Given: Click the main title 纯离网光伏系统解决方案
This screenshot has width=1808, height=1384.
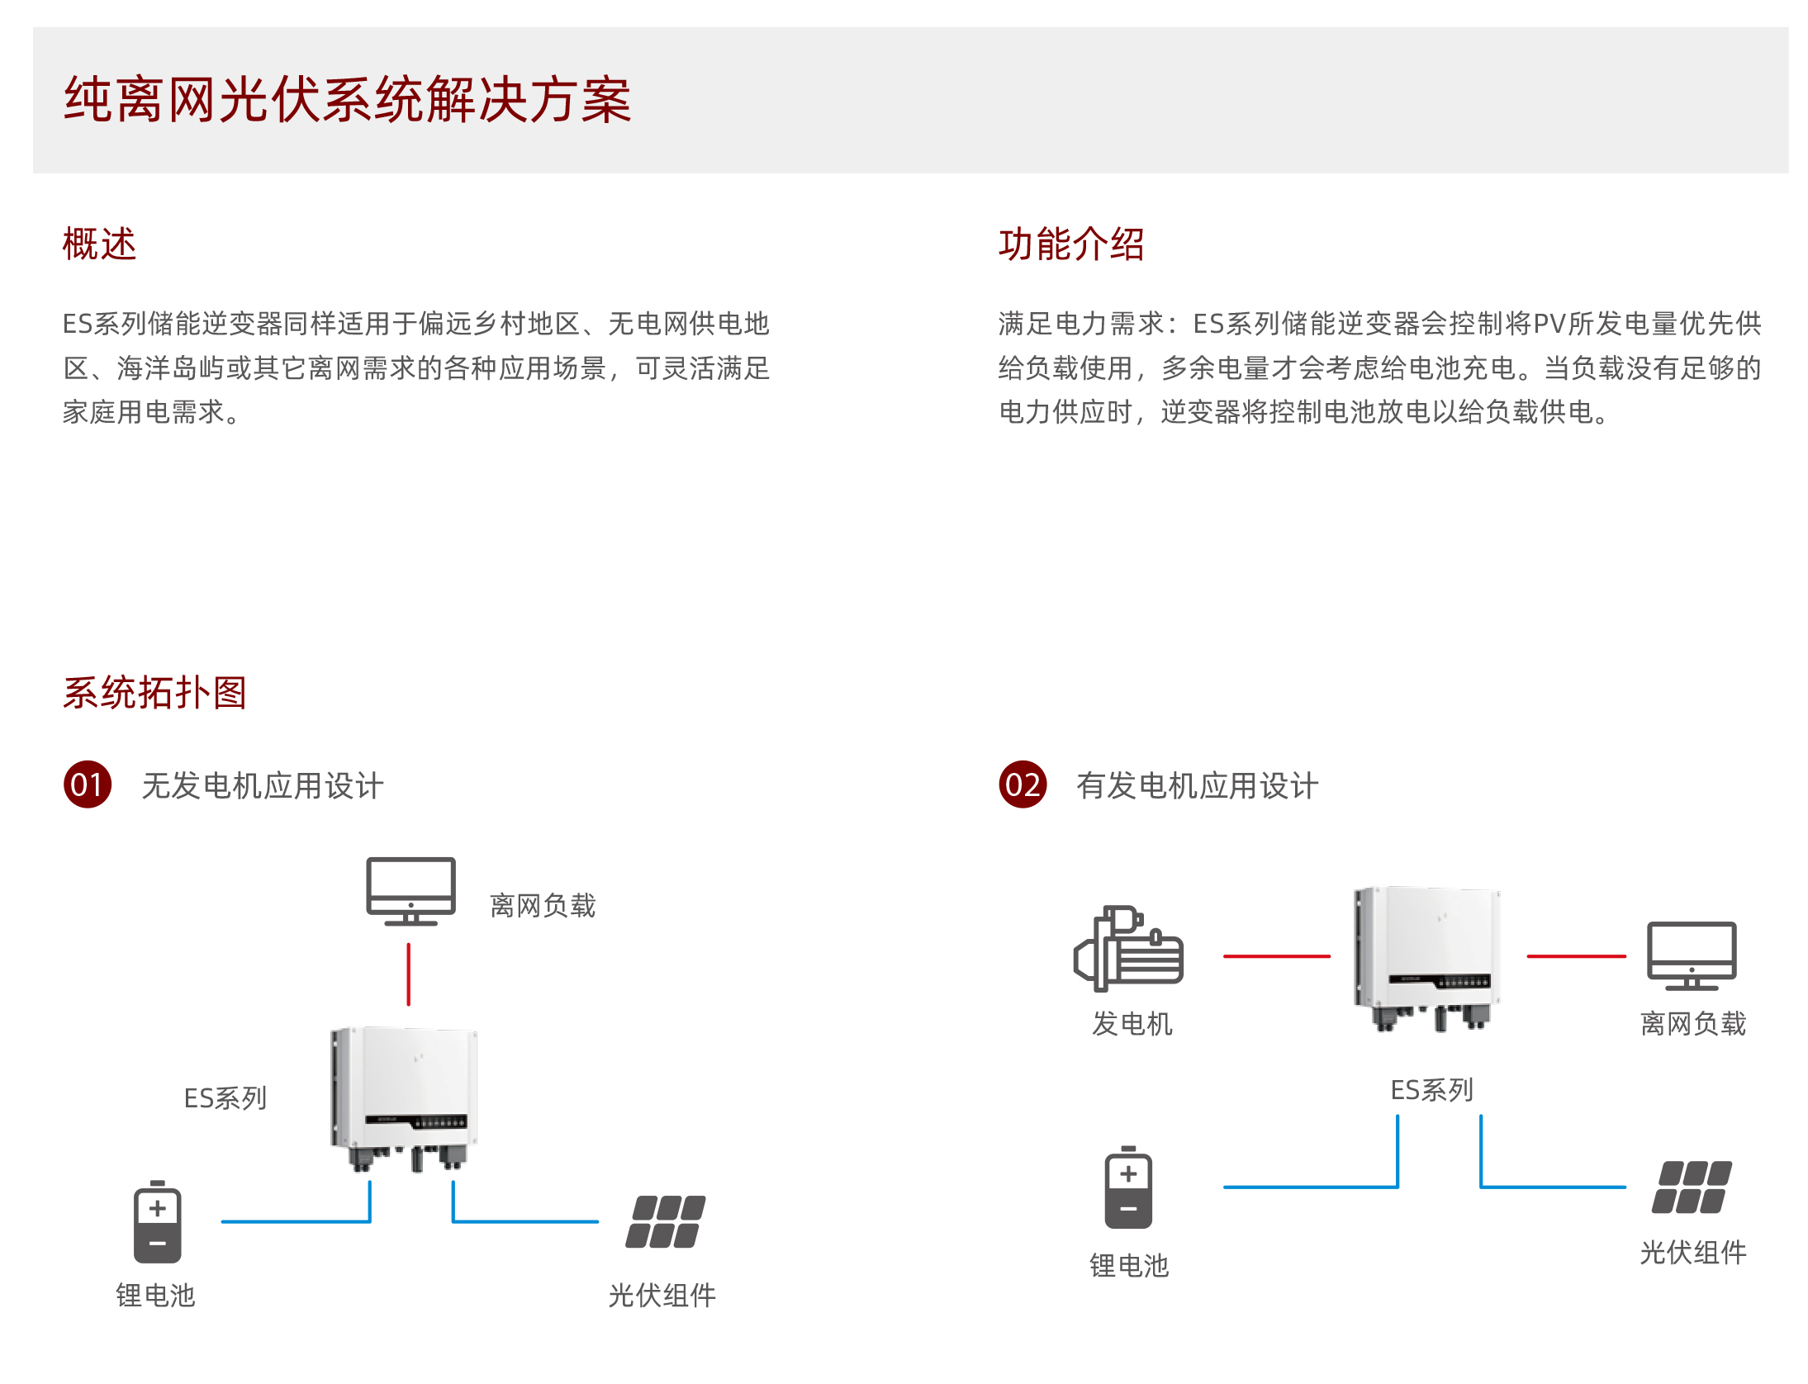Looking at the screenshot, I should click(x=347, y=100).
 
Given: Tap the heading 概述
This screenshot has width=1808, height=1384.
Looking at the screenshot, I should click(x=99, y=244).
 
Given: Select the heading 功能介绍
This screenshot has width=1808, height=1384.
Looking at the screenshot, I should click(x=1070, y=244).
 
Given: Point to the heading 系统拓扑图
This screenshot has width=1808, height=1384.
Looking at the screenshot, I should click(x=154, y=692).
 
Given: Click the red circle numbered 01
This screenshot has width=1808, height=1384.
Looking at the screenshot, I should click(x=88, y=784).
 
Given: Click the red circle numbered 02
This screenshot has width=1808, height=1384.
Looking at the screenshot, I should click(x=1023, y=784).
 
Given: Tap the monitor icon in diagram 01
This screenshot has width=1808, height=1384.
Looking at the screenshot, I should click(x=410, y=890).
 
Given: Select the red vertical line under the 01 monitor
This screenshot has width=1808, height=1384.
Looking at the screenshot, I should click(x=408, y=974).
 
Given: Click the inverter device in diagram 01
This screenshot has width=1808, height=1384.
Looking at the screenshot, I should click(x=405, y=1094).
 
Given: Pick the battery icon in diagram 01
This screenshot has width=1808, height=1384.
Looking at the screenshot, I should click(x=157, y=1222).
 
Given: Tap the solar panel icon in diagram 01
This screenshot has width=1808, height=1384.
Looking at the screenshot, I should click(x=665, y=1221).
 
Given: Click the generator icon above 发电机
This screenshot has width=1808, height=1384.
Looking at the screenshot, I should click(x=1129, y=948).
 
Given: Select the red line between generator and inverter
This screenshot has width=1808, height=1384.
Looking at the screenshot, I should click(x=1276, y=956).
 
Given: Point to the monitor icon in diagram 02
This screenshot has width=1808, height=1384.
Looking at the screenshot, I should click(x=1692, y=955).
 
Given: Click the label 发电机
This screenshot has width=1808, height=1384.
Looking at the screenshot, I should click(x=1132, y=1024).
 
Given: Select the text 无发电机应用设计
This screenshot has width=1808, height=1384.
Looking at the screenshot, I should click(x=263, y=786).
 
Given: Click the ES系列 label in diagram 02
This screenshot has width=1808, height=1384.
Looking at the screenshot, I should click(x=1431, y=1090).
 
